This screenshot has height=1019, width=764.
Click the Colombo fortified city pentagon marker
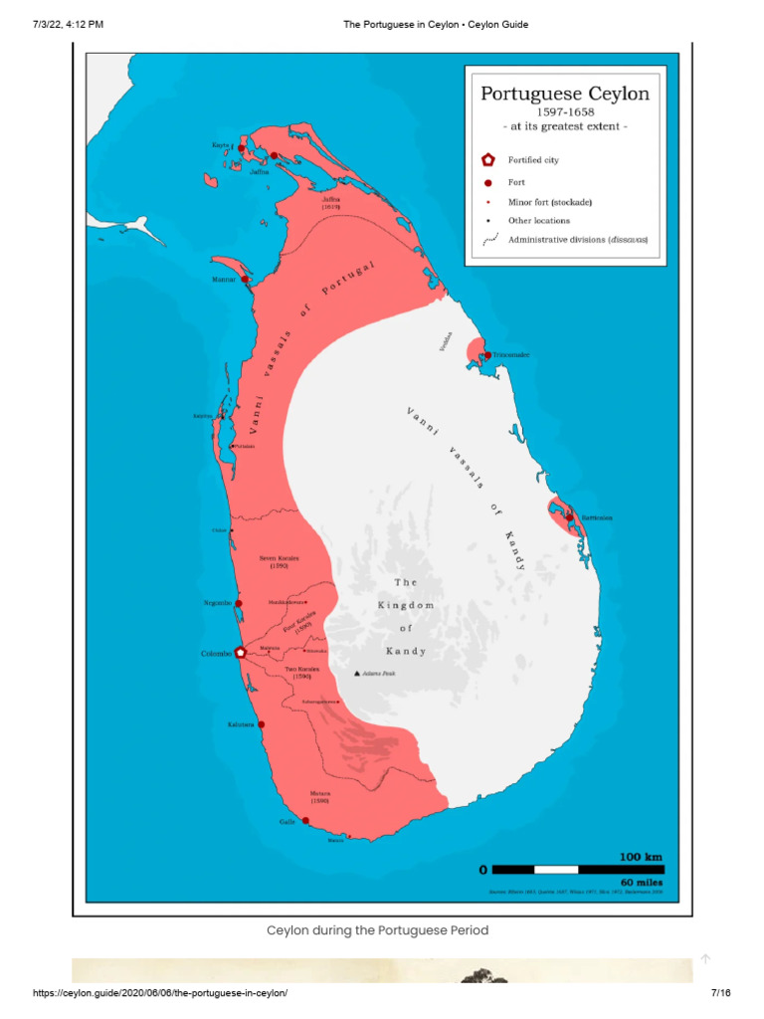[x=240, y=652]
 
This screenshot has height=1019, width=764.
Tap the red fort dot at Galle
[x=305, y=821]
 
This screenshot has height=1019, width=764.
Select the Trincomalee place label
[x=510, y=354]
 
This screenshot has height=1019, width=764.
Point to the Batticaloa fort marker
[x=569, y=516]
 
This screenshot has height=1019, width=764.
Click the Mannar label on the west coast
[x=224, y=280]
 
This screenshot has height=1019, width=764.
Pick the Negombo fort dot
[x=239, y=603]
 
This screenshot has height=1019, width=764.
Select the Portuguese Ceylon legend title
[x=564, y=95]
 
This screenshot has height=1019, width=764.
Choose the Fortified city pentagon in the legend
[x=487, y=159]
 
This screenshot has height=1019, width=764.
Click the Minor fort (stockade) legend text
[x=550, y=202]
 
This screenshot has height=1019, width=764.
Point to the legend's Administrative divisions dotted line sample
[x=488, y=240]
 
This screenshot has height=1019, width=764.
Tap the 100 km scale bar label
[x=641, y=857]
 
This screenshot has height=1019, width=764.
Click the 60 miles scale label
[x=641, y=882]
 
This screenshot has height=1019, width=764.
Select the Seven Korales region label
[x=280, y=561]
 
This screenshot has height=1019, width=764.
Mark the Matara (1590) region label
[x=319, y=796]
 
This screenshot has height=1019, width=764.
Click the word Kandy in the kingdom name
[x=406, y=652]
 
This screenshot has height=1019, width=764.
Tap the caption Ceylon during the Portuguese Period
[x=377, y=930]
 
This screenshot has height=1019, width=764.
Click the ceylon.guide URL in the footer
[x=159, y=993]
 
